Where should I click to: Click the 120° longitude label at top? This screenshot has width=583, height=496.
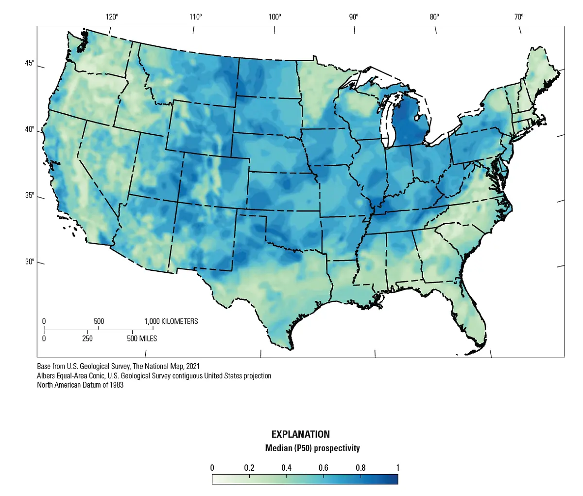112,17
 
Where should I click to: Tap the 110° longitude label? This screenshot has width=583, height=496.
195,17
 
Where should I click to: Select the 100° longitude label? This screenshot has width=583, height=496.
274,17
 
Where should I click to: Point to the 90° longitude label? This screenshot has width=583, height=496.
354,17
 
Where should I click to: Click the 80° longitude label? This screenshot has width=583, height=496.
434,17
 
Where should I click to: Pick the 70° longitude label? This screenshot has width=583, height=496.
519,17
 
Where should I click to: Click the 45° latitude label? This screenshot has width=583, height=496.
30,64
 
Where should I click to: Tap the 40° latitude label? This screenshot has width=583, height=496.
30,129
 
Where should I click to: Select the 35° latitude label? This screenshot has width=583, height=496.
30,195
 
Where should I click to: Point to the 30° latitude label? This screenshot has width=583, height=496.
30,262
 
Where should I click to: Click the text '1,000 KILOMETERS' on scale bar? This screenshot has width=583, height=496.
171,321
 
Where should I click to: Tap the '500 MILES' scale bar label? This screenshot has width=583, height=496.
142,338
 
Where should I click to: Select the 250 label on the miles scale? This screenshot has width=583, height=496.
87,338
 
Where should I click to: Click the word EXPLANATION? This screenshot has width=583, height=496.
300,434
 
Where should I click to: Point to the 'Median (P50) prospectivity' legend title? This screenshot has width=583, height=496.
312,448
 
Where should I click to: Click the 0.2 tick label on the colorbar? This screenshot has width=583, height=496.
249,468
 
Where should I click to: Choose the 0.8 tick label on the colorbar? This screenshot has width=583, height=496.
360,468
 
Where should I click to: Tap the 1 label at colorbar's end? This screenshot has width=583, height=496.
398,468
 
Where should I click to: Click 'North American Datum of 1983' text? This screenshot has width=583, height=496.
80,385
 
